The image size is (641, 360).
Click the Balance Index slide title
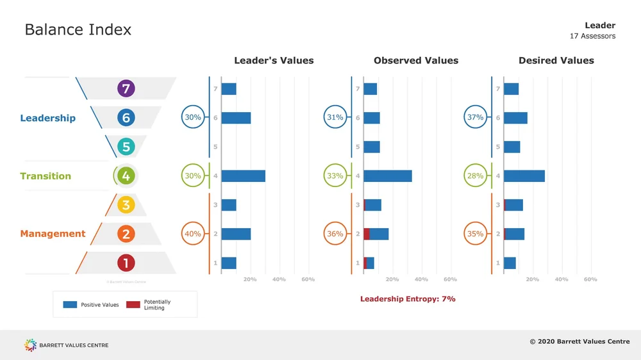(x=78, y=29)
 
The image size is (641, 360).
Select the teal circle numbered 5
(x=126, y=147)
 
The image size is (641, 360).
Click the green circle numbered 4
(x=126, y=176)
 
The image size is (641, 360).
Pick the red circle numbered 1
(x=126, y=263)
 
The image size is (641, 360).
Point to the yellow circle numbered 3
(x=126, y=205)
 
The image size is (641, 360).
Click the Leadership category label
(x=47, y=118)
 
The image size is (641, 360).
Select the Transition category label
(x=46, y=176)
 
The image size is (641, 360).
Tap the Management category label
(x=53, y=234)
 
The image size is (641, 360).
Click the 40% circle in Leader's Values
(x=193, y=234)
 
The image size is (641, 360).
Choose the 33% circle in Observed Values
(x=335, y=176)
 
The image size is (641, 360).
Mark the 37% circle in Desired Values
(x=476, y=118)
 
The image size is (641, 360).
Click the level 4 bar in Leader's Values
(x=243, y=176)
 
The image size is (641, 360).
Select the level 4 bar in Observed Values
(x=388, y=176)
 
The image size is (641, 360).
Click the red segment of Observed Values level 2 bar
(x=367, y=234)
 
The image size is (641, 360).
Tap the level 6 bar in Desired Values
(x=516, y=118)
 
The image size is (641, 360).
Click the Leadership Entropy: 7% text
(x=408, y=299)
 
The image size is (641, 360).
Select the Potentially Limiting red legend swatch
(x=133, y=305)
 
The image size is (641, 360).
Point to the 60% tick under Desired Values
(x=590, y=279)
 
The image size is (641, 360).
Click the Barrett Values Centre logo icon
(x=30, y=345)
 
